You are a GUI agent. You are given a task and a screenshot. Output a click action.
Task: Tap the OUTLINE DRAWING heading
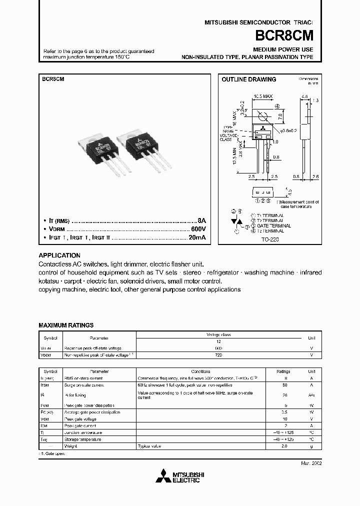[x=248, y=79]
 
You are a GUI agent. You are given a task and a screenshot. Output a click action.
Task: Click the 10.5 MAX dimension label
[x=262, y=95]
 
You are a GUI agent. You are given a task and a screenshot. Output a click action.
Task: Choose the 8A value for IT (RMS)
[x=201, y=220]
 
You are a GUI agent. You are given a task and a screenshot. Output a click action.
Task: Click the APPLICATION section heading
[x=59, y=255]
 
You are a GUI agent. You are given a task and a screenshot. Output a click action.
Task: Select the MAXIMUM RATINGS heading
[x=66, y=325]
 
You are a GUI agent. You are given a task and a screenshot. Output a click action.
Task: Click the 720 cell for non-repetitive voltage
[x=218, y=355]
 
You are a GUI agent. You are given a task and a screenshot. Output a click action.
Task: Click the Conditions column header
[x=200, y=372]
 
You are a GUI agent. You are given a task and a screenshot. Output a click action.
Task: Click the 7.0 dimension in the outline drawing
[x=280, y=116]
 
